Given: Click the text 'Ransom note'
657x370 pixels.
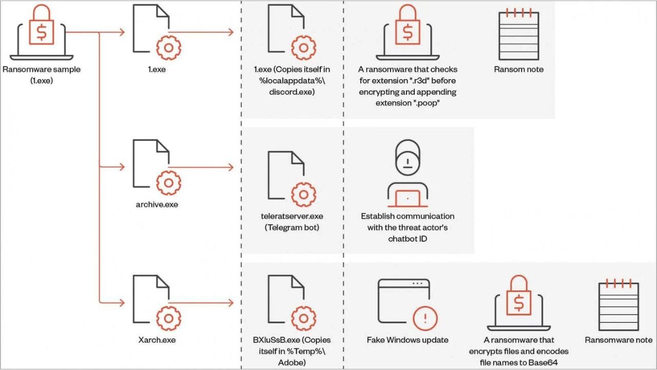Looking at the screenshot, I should tap(518, 69).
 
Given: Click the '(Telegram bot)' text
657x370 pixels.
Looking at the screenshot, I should tap(292, 227).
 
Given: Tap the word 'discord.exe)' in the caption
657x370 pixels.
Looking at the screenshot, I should tap(292, 92).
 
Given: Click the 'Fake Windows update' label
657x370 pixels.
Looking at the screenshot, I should tap(407, 340).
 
